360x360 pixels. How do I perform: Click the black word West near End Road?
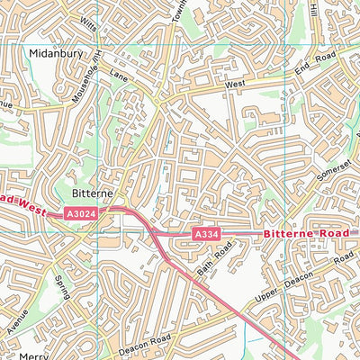(236, 84)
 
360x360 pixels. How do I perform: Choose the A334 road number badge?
(206, 235)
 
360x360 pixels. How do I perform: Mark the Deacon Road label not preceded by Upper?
(144, 341)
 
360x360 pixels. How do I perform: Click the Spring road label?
(62, 288)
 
